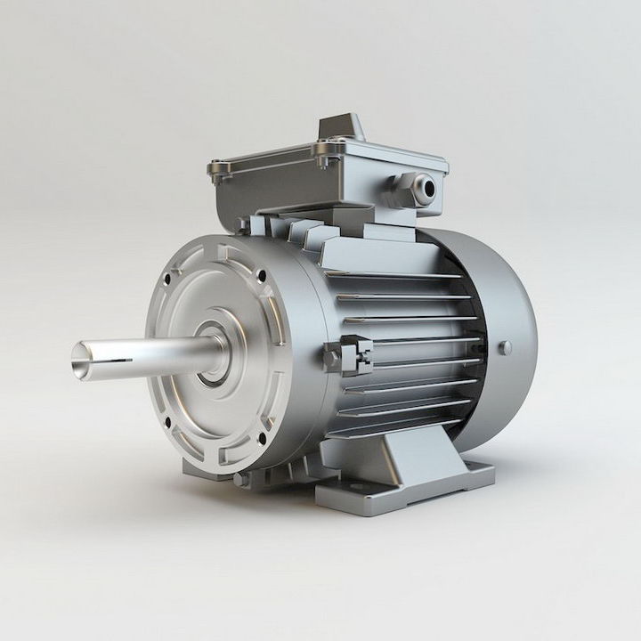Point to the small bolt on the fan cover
tap(505, 347)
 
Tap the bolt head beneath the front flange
tap(239, 478)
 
